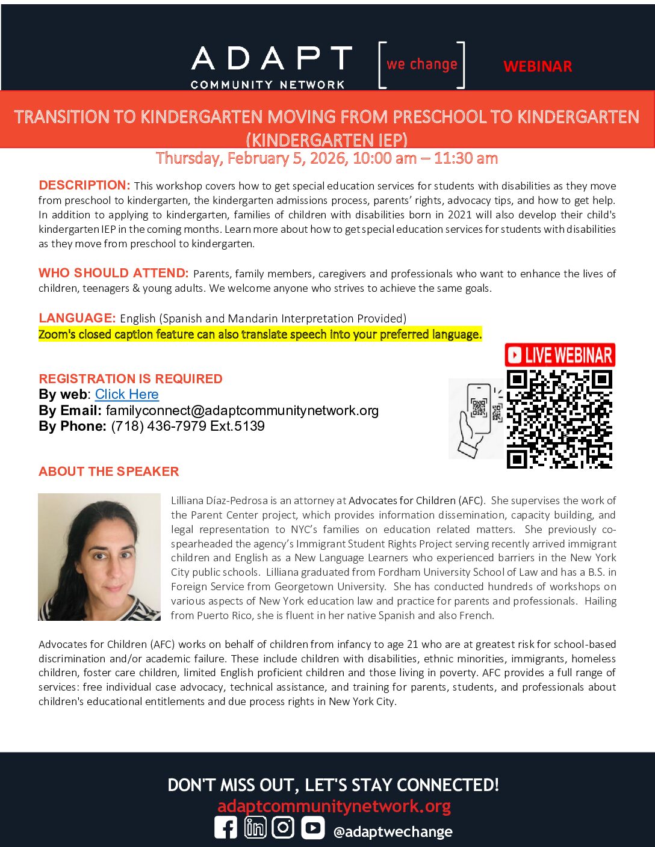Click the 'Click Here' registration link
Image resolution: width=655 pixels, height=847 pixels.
tap(126, 395)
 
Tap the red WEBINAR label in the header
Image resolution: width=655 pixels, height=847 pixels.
tap(538, 66)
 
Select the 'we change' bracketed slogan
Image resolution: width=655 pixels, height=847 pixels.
tap(421, 65)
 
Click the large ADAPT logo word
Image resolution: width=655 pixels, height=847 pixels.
tap(271, 59)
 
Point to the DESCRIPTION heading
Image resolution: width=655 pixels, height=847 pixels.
tap(84, 185)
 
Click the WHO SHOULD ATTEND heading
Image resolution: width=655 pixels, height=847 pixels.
tap(114, 273)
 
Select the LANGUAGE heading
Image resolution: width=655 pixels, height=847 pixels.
tap(77, 318)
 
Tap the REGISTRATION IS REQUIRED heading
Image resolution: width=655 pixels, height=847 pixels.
tap(131, 379)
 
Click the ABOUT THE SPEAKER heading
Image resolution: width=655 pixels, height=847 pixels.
tap(109, 472)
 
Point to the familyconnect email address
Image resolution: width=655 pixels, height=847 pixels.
tap(242, 411)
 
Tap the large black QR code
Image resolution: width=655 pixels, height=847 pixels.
tap(559, 419)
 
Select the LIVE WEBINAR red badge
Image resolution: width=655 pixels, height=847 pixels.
tap(560, 355)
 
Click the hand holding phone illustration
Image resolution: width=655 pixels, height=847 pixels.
tap(476, 419)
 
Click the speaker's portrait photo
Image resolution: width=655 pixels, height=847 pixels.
tap(99, 557)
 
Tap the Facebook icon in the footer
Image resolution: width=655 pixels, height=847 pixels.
tap(226, 828)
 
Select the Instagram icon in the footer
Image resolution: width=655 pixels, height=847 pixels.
tap(283, 828)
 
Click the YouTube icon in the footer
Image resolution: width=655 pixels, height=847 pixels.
tap(312, 828)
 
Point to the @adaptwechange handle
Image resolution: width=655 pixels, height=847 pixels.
tap(393, 832)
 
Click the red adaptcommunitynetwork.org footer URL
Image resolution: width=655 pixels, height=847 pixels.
tap(334, 806)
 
